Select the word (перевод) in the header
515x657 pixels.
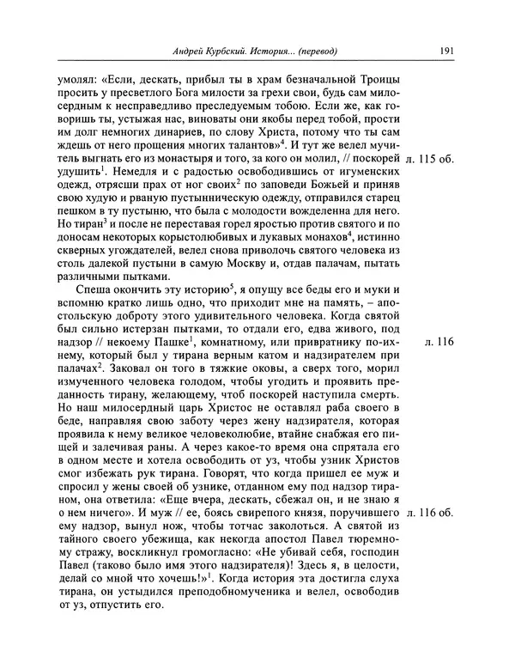[315, 51]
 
